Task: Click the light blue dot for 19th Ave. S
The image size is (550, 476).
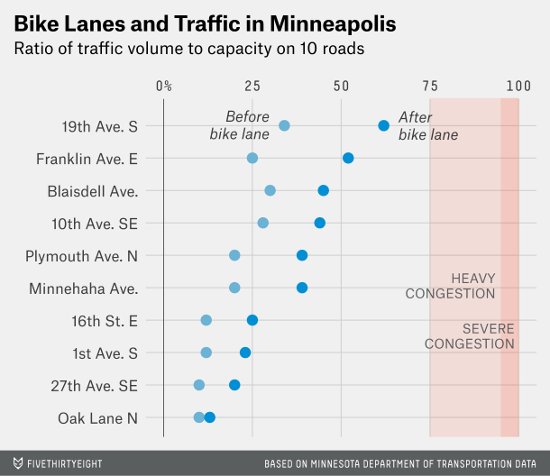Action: point(284,125)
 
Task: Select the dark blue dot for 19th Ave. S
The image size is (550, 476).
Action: point(383,125)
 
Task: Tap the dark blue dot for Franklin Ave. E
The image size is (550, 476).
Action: point(348,158)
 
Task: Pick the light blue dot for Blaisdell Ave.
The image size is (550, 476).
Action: point(270,190)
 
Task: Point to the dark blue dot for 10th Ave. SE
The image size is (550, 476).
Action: point(319,223)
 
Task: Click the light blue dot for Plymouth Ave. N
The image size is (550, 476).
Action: point(234,255)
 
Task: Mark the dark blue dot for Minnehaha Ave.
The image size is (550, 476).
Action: point(302,288)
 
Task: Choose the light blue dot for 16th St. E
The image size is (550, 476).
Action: point(206,320)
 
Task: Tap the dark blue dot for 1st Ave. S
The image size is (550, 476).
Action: point(245,352)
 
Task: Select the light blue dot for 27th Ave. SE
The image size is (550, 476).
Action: point(198,385)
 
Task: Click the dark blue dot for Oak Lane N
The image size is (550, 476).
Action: point(210,417)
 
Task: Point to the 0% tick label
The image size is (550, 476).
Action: point(164,86)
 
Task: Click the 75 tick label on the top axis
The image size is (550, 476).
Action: point(430,86)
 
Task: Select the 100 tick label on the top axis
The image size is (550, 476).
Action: point(518,86)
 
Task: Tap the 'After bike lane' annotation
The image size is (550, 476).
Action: point(427,126)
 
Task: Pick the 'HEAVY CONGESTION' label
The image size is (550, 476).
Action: point(451,286)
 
